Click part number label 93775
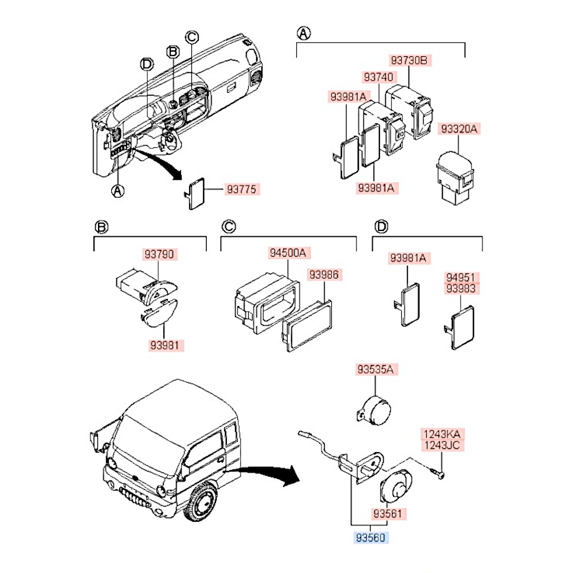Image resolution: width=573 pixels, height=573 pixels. coord(242,189)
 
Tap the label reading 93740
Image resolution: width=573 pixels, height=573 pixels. coord(378,76)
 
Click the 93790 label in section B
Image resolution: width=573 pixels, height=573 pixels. coord(160,253)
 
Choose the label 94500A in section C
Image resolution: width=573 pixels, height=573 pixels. coord(288,253)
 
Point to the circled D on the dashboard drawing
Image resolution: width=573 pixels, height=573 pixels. coord(147,64)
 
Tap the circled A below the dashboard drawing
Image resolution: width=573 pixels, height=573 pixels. coord(117,190)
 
